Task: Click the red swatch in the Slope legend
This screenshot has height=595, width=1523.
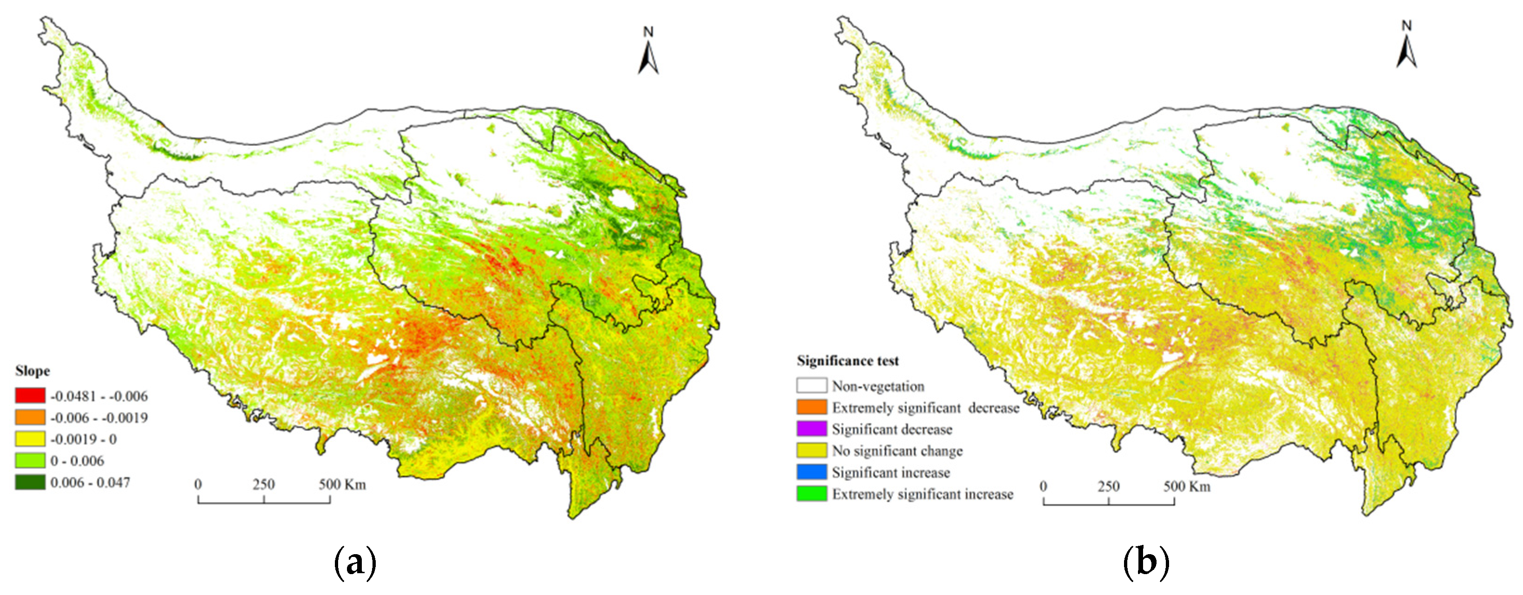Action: coord(30,395)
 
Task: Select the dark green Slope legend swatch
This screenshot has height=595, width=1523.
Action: coord(30,482)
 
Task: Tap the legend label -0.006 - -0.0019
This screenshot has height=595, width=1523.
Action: coord(99,418)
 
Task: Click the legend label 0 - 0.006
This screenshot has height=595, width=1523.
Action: coord(77,461)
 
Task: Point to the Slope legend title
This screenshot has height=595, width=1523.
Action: coord(33,371)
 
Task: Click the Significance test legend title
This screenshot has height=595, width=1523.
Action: coord(847,361)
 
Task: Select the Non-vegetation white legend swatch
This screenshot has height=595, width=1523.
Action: coord(811,386)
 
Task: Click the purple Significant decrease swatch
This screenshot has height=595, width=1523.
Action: coord(811,429)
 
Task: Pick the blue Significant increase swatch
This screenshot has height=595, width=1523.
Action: coord(811,472)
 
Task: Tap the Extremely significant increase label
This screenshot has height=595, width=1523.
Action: coord(922,494)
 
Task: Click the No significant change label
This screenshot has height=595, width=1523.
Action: coord(897,451)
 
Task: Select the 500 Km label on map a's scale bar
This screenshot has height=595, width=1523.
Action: coord(342,485)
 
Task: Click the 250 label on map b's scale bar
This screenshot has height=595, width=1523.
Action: coord(1109,486)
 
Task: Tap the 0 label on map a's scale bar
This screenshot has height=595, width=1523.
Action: coord(198,485)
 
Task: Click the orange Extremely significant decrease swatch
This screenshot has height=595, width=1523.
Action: coord(811,407)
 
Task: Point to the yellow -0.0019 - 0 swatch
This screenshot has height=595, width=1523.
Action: coord(30,439)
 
